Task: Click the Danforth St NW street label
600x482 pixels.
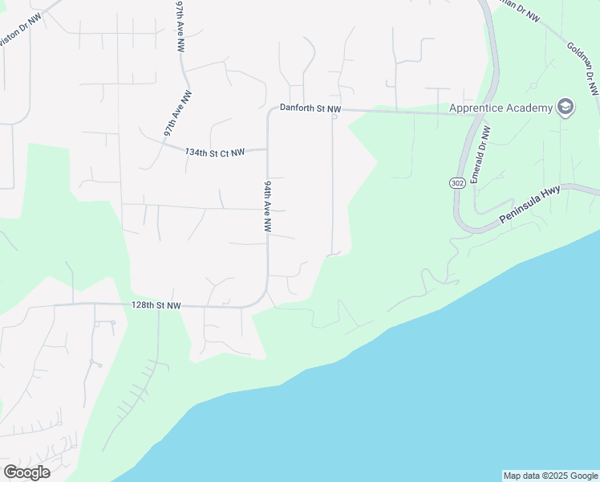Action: pyautogui.click(x=310, y=108)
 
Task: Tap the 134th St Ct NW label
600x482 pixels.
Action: pyautogui.click(x=214, y=151)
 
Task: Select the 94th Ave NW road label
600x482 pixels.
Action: pyautogui.click(x=267, y=206)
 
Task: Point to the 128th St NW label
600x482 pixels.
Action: pyautogui.click(x=156, y=306)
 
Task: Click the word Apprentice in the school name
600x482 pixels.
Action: pyautogui.click(x=477, y=108)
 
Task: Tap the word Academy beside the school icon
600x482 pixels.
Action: pyautogui.click(x=530, y=108)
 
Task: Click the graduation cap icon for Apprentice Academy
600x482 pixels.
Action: pyautogui.click(x=566, y=108)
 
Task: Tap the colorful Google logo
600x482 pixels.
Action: pyautogui.click(x=26, y=472)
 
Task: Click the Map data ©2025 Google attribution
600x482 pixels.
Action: pyautogui.click(x=550, y=476)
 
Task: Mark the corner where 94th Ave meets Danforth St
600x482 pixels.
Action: pyautogui.click(x=269, y=111)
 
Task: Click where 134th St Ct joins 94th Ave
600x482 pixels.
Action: pyautogui.click(x=267, y=149)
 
